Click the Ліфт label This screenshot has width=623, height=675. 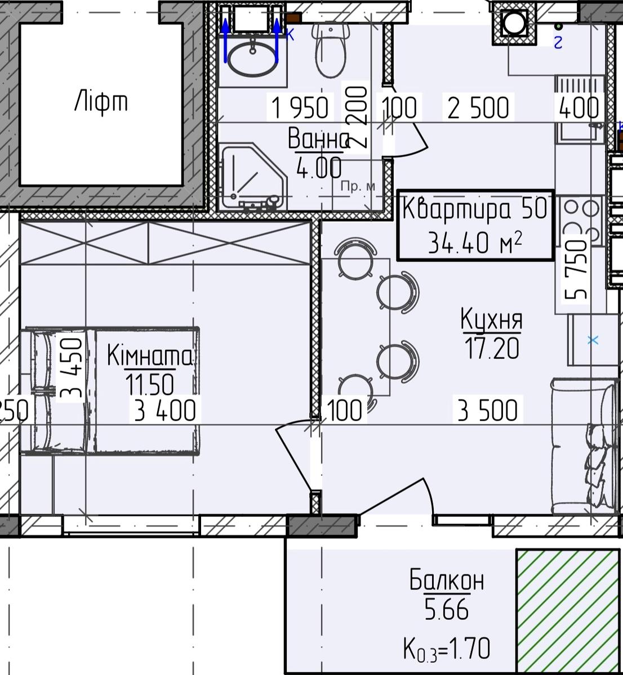tap(101, 101)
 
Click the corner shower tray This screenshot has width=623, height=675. tap(253, 178)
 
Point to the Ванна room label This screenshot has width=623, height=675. tap(318, 138)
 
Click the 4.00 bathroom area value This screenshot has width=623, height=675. tap(319, 168)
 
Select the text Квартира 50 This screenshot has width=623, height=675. tap(475, 209)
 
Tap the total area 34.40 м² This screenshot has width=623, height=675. tap(475, 242)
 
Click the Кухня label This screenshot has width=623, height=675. tap(492, 319)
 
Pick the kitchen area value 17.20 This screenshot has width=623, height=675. tap(492, 348)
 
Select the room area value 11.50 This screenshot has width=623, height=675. tap(150, 385)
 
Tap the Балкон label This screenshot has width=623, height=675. tap(447, 580)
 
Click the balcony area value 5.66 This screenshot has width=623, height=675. tap(446, 609)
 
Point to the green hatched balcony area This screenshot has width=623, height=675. tap(568, 611)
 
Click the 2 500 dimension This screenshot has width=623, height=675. tap(478, 107)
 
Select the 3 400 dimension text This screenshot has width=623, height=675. tap(165, 410)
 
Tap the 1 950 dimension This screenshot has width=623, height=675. tap(300, 107)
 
